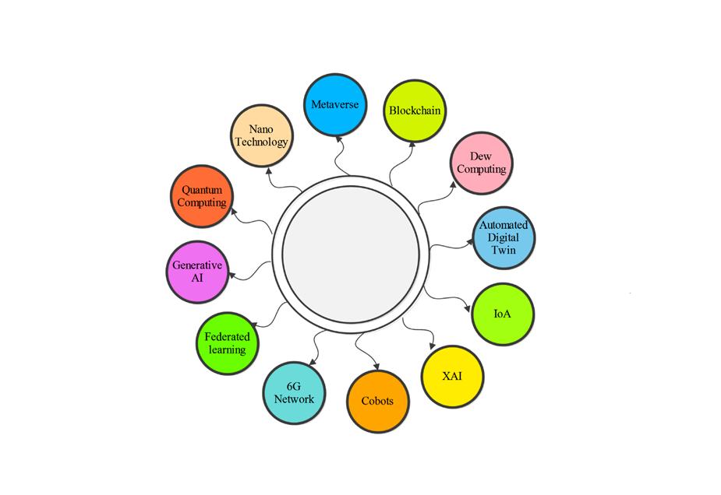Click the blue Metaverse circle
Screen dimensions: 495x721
click(334, 105)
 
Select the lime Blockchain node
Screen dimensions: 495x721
click(415, 110)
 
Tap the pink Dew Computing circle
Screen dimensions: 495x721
click(482, 163)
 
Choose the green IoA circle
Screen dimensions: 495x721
click(503, 314)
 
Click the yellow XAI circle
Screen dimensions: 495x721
click(452, 377)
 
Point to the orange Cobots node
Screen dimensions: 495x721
click(377, 402)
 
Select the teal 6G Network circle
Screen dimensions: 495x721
click(294, 392)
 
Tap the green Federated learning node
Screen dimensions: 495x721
click(227, 342)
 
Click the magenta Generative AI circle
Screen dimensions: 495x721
click(196, 271)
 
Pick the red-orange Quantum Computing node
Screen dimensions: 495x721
click(201, 196)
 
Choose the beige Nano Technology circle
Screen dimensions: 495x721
click(263, 136)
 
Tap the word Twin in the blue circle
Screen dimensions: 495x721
click(503, 251)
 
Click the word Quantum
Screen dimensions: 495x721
click(202, 190)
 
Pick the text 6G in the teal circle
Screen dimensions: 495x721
click(294, 386)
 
